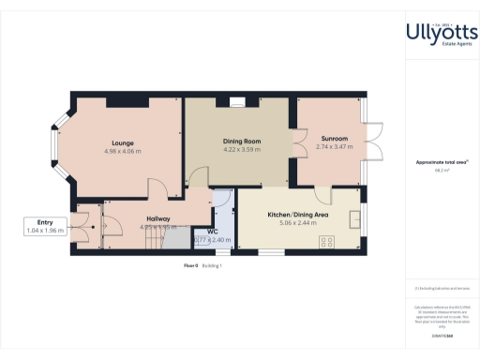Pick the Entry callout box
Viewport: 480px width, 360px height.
44,225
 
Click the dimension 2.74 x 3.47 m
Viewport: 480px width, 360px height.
335,146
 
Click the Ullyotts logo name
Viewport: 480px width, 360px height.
441,32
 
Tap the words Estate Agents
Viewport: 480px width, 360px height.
442,47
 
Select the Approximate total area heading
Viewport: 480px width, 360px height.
440,162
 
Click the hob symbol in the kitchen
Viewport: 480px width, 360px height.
329,241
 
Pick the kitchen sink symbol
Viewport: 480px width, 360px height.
354,218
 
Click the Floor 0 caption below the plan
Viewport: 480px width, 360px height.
190,266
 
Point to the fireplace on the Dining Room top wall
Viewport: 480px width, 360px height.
238,98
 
